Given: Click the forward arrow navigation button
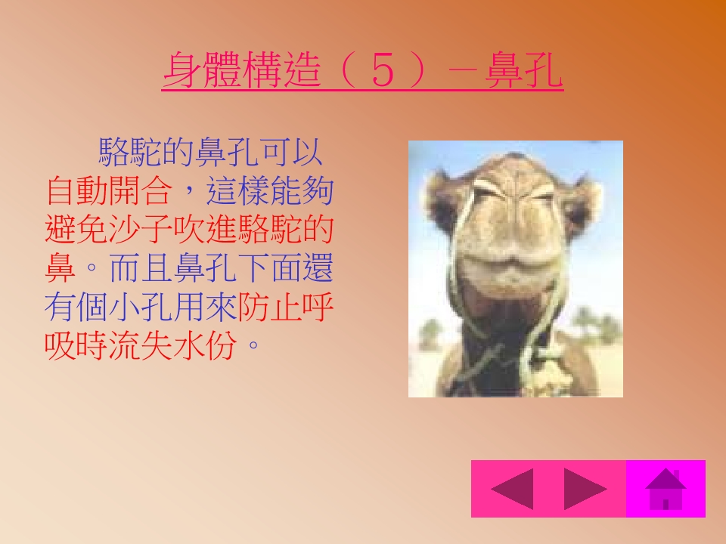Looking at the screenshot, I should coord(585,489).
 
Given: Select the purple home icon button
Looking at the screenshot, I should coord(665,489).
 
